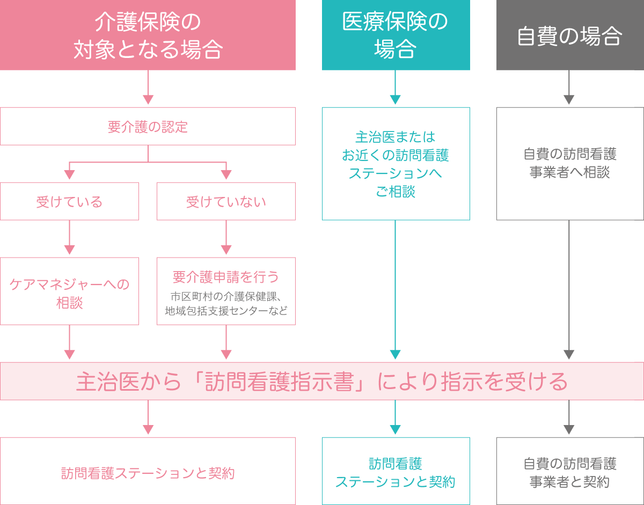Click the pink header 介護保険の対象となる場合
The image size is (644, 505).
coord(148,35)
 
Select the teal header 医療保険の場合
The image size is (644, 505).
coord(396,35)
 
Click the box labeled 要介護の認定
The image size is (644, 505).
coord(148,127)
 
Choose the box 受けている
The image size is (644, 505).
coord(69,202)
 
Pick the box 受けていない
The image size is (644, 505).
coord(226,202)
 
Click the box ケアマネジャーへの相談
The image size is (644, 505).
coord(69,292)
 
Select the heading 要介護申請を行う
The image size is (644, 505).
coord(226,277)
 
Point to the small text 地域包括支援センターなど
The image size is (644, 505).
coord(226,311)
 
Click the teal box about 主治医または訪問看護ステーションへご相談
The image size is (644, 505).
coord(396,164)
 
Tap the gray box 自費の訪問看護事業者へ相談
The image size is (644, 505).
coord(569,164)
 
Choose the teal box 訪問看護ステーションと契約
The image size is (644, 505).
coord(396,472)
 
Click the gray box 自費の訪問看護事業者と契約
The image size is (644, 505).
coord(569,472)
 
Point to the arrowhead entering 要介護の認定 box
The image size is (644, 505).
coord(148,100)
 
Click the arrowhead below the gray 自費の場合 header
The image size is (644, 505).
coord(569,100)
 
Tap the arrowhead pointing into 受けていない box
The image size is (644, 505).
coord(226,175)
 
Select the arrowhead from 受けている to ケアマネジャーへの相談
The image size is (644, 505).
coord(69,250)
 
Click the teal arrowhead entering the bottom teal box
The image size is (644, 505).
coord(396,430)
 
